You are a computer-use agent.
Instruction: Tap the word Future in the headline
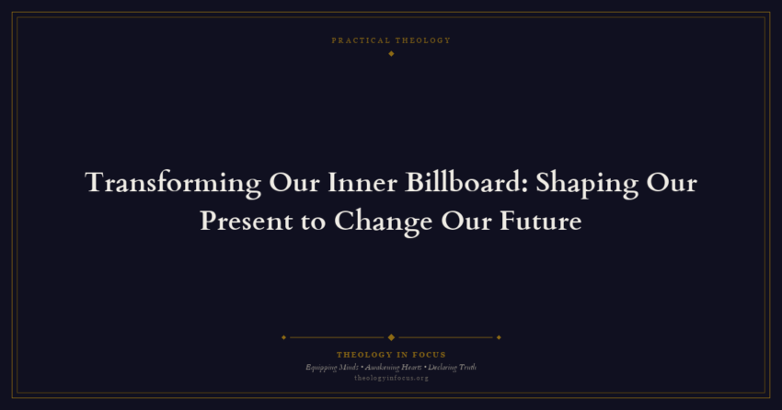click(x=541, y=222)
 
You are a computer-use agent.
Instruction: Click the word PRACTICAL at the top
click(x=361, y=40)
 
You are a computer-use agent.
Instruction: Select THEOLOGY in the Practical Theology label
click(x=422, y=40)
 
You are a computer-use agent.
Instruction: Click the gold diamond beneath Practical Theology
click(x=391, y=53)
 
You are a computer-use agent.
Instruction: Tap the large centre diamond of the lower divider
click(x=391, y=337)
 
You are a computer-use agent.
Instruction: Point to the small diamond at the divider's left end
click(x=283, y=337)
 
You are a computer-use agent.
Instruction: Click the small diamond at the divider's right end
click(x=499, y=337)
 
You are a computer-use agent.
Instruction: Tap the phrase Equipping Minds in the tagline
click(x=332, y=367)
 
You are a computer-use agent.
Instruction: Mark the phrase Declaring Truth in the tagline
click(x=452, y=367)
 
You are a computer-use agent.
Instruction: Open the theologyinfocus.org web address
click(x=391, y=378)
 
